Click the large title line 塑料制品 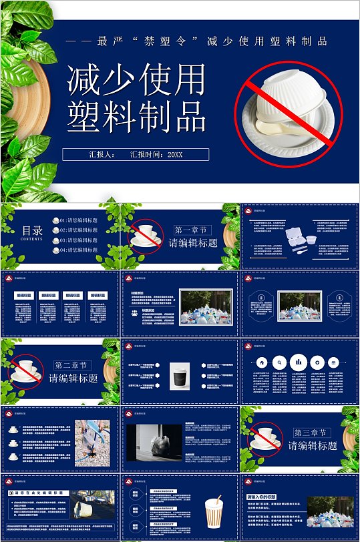coord(136,117)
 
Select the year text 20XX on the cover coord(174,154)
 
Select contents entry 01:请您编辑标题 coord(79,220)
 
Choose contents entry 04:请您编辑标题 coord(79,250)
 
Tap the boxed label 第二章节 coord(73,365)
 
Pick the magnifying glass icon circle coord(281,362)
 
